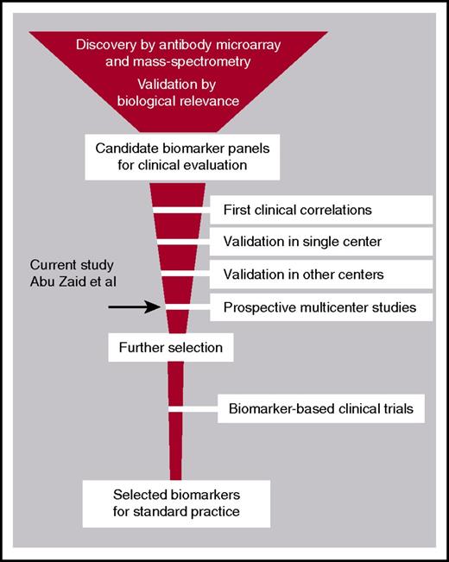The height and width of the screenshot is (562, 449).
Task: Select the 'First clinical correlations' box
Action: (x=322, y=209)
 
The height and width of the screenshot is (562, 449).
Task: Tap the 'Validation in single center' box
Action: (x=322, y=241)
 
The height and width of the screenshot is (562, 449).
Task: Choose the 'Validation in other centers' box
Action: (x=322, y=274)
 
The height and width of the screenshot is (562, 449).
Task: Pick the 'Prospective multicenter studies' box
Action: (x=322, y=306)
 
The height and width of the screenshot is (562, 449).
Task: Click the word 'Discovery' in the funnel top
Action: (x=104, y=44)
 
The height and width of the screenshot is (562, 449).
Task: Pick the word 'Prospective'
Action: (x=258, y=306)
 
